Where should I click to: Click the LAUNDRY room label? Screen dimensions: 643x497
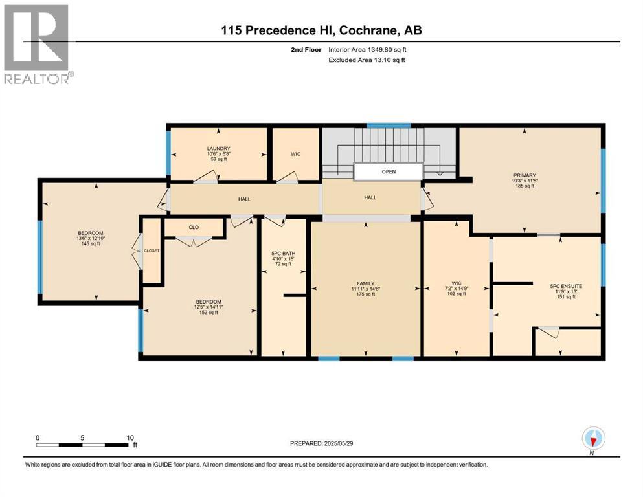[x=219, y=148]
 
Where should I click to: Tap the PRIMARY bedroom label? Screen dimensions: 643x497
[x=525, y=175]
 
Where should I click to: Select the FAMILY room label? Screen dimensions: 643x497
[x=365, y=283]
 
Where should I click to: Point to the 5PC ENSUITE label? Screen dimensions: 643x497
[x=566, y=287]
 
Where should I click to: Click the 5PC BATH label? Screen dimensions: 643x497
[x=284, y=254]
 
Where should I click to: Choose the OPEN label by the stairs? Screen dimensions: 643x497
[x=389, y=171]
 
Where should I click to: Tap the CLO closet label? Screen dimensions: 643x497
[x=194, y=227]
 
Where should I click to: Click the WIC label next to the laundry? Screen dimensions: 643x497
[x=295, y=154]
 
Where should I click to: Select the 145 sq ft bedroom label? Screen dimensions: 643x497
[x=91, y=233]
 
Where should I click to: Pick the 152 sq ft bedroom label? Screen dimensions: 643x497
[x=209, y=302]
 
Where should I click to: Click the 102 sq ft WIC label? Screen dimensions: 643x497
[x=457, y=283]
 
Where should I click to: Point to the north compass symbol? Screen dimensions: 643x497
[x=593, y=439]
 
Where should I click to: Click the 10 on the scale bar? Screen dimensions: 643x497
[x=130, y=437]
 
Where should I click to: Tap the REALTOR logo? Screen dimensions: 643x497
[x=37, y=44]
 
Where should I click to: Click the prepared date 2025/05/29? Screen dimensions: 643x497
[x=338, y=443]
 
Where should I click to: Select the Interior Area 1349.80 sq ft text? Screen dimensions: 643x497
[x=367, y=50]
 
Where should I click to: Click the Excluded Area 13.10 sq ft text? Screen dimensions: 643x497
[x=367, y=60]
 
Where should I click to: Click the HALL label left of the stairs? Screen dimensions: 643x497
[x=244, y=199]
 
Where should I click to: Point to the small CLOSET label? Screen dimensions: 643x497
[x=152, y=250]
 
